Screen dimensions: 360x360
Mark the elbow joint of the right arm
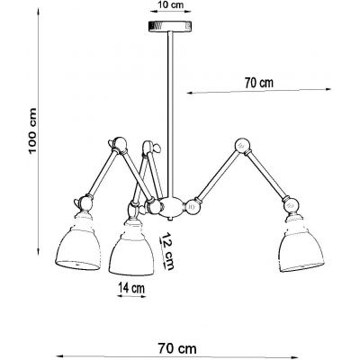(x=240, y=143)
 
